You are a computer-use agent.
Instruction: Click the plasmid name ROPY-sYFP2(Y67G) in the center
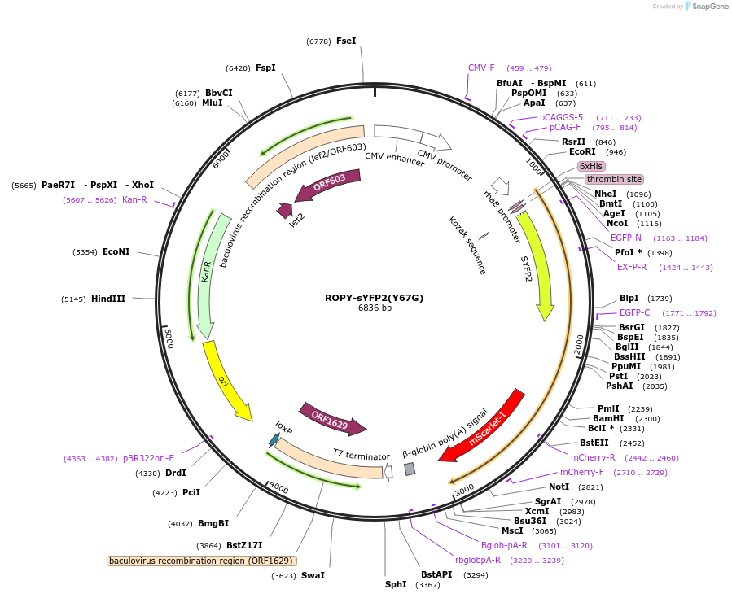pyautogui.click(x=374, y=298)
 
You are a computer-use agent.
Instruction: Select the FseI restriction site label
pyautogui.click(x=346, y=41)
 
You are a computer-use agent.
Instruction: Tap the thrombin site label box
pyautogui.click(x=613, y=179)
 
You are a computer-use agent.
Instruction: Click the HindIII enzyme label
pyautogui.click(x=108, y=299)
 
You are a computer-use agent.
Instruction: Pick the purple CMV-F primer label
pyautogui.click(x=481, y=68)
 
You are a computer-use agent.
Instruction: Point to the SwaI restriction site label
pyautogui.click(x=313, y=575)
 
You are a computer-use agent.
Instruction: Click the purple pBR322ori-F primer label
pyautogui.click(x=148, y=458)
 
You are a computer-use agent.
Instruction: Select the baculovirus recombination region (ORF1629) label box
pyautogui.click(x=201, y=561)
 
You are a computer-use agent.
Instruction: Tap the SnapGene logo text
pyautogui.click(x=708, y=7)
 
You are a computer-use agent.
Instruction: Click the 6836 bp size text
pyautogui.click(x=375, y=308)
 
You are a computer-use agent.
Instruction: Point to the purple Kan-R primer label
pyautogui.click(x=134, y=199)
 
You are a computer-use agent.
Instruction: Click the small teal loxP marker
pyautogui.click(x=274, y=440)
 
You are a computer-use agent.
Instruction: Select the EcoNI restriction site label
pyautogui.click(x=116, y=252)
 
